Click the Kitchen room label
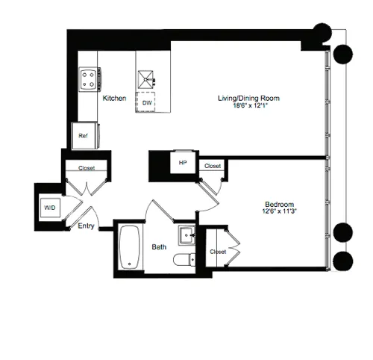point(114,99)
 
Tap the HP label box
point(183,162)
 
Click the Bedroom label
point(279,204)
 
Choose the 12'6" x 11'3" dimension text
point(279,212)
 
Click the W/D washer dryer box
point(50,207)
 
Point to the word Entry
point(86,227)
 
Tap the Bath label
point(160,246)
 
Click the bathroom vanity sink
point(186,237)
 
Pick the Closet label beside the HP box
point(213,166)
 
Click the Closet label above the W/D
point(87,169)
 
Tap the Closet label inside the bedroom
point(218,252)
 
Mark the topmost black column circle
point(322,33)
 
